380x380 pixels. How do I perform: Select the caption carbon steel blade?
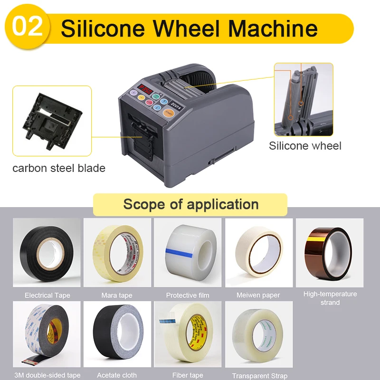tap(59, 168)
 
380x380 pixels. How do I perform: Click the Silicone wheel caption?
tap(305, 146)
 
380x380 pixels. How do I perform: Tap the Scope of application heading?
tap(190, 204)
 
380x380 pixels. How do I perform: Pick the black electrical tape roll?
tap(46, 252)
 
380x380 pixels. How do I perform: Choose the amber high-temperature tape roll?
tap(329, 252)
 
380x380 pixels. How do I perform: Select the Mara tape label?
tap(117, 295)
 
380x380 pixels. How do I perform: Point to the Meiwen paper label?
tap(258, 295)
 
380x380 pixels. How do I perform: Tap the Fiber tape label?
tap(188, 375)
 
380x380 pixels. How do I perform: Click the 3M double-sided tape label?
tap(47, 375)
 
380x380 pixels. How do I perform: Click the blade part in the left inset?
tap(50, 121)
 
